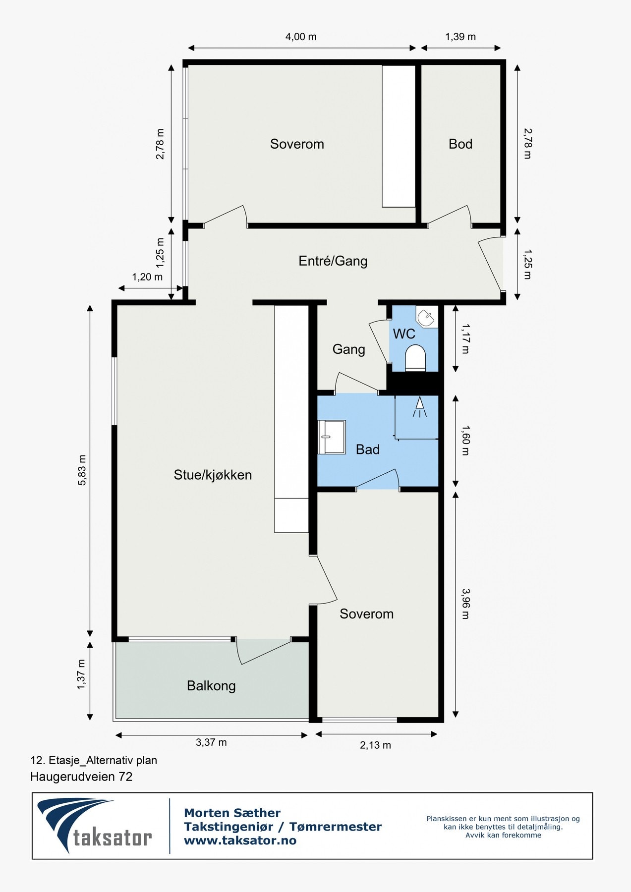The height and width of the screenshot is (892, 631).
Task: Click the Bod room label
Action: pos(460,144)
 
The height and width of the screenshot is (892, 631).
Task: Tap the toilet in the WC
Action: pos(415,358)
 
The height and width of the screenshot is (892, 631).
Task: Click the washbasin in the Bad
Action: pos(332,437)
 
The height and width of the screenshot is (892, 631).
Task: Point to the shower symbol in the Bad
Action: pos(420,407)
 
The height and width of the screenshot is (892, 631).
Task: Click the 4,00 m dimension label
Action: pos(301,37)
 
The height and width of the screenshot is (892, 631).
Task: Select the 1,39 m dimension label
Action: pos(460,37)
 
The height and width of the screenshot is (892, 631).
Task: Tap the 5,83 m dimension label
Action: pos(82,470)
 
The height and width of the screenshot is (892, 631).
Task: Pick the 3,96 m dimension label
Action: pos(465,604)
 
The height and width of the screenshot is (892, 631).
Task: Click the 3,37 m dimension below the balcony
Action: pos(211,742)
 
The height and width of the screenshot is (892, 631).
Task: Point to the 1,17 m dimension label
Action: pos(465,338)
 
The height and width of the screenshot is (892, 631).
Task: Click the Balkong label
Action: pos(211,686)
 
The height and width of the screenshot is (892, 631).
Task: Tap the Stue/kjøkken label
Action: pos(213,475)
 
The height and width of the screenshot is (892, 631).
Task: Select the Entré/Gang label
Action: pos(333,261)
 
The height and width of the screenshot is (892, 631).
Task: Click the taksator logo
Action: pos(95,825)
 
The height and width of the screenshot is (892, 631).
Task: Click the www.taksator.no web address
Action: pos(240,840)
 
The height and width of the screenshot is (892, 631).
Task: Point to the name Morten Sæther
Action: pos(232,813)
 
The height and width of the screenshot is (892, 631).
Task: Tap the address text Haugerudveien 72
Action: pos(81,777)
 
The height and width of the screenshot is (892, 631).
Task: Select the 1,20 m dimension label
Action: pos(147,277)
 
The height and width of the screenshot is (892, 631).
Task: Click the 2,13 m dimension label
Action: pos(375,745)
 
